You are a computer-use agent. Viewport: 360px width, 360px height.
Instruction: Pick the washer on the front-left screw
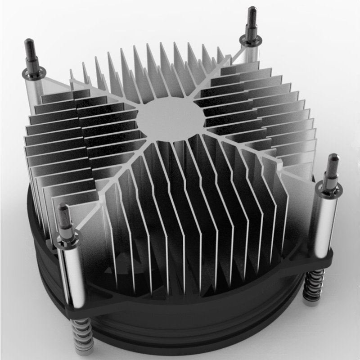67,237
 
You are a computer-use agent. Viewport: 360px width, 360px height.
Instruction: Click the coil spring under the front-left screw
83,335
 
